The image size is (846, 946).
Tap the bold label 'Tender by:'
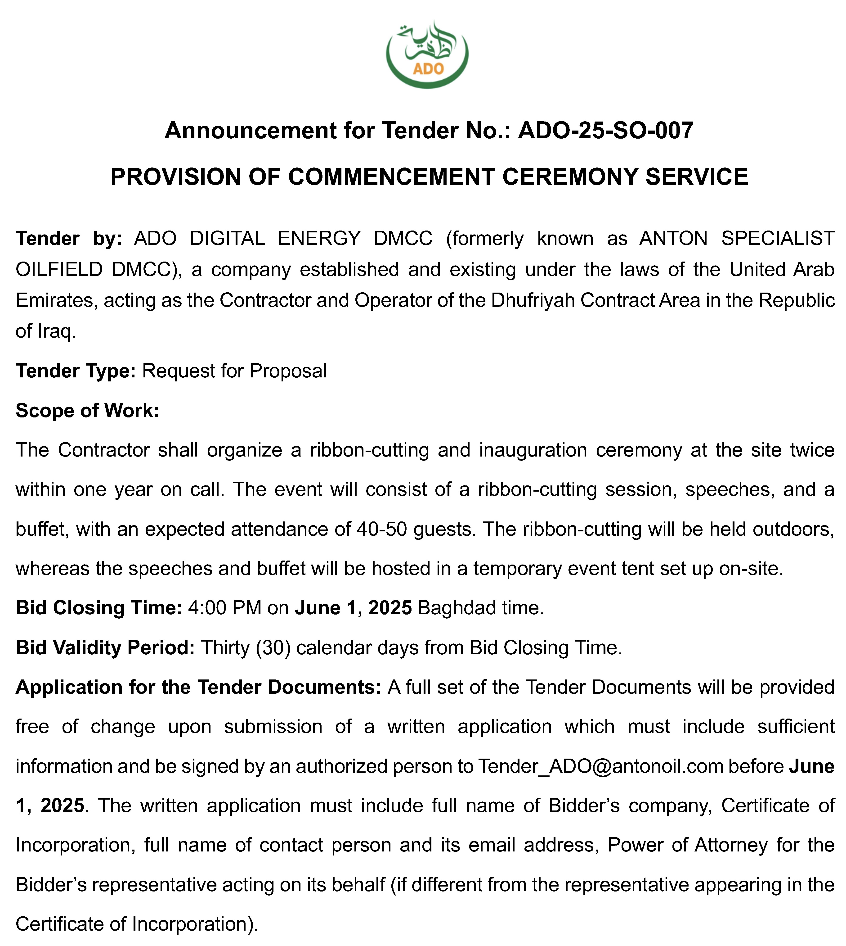(69, 239)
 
